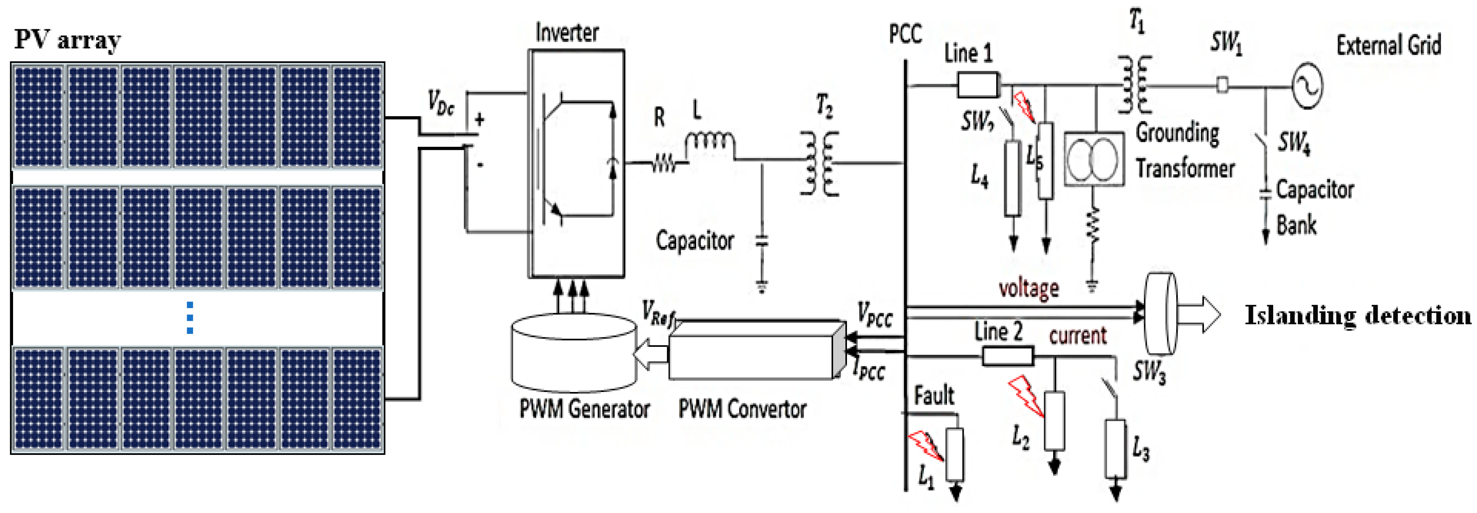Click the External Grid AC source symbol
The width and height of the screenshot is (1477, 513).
(1307, 85)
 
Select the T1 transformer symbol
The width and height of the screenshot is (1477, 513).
(1135, 85)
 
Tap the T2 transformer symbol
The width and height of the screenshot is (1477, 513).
(819, 163)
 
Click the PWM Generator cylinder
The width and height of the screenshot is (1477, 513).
(573, 352)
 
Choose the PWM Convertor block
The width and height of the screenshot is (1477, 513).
(757, 350)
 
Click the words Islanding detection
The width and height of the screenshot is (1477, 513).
(1357, 315)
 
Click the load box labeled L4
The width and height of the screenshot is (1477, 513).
(1013, 178)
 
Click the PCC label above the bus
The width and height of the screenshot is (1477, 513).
(906, 34)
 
